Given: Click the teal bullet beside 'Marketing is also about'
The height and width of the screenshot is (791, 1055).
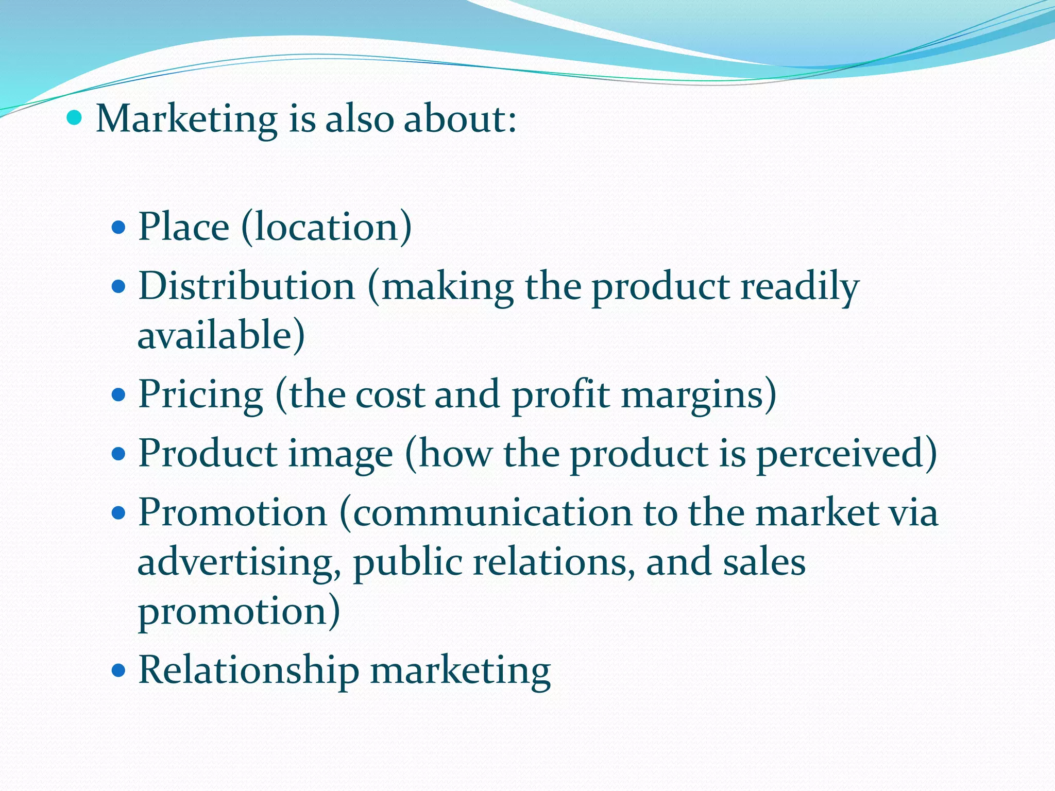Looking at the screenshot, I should tap(75, 118).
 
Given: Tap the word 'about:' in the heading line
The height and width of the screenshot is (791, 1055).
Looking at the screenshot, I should tap(460, 119).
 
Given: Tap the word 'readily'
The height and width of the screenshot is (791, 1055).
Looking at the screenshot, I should tap(800, 287).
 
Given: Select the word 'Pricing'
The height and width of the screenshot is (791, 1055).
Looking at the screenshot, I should tap(201, 395).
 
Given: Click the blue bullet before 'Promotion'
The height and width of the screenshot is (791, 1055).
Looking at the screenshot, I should tap(118, 513).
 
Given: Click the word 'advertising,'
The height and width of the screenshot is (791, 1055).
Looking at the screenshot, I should tap(239, 562).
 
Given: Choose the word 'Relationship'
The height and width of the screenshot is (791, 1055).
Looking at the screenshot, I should tap(249, 670).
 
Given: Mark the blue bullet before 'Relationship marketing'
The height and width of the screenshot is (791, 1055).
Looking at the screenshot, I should tap(118, 670).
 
